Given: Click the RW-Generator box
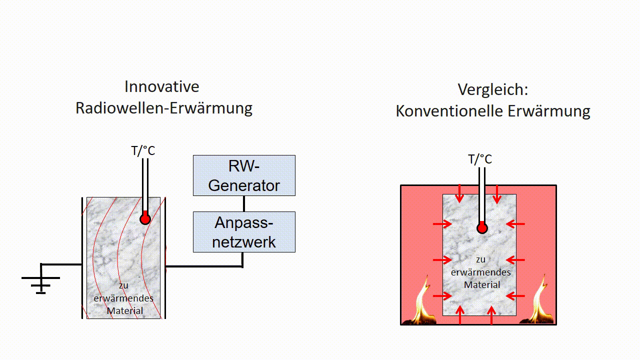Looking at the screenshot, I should click(x=244, y=175).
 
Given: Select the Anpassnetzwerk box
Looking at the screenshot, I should click(x=244, y=231).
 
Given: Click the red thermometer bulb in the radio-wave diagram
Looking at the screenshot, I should click(x=145, y=218).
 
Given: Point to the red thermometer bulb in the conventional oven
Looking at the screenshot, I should click(x=482, y=228).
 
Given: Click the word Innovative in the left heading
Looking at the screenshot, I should click(x=162, y=86).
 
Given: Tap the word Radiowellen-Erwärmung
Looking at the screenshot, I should click(x=164, y=108).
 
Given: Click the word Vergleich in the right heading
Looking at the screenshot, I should click(x=492, y=89).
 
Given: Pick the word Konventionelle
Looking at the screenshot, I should click(x=449, y=111).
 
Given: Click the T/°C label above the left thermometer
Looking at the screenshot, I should click(x=143, y=150).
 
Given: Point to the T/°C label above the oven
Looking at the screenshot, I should click(x=480, y=159).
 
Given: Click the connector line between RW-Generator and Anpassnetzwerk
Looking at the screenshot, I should click(x=244, y=203).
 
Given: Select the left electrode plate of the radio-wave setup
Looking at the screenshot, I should click(x=82, y=257).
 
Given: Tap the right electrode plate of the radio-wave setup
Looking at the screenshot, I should click(x=165, y=257).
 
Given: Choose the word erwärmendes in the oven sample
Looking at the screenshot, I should click(x=481, y=272).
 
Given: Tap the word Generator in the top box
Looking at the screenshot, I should click(x=244, y=185).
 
